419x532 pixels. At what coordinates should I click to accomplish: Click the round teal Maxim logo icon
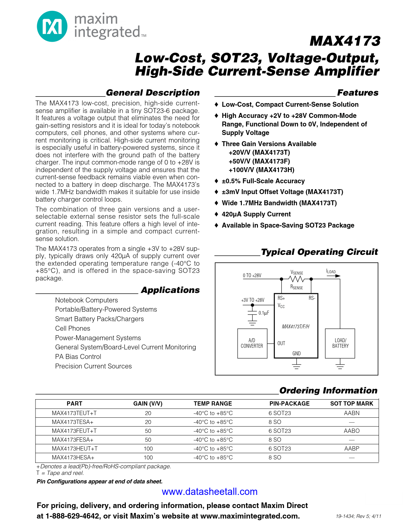(52, 26)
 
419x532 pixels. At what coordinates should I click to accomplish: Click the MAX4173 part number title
(345, 41)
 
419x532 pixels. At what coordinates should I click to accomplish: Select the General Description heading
(152, 93)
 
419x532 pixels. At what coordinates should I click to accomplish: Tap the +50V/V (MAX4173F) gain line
(259, 161)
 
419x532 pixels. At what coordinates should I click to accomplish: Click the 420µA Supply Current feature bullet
(256, 214)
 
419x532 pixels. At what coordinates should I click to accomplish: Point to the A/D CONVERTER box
(252, 343)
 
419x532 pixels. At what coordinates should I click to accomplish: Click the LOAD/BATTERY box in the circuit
(340, 343)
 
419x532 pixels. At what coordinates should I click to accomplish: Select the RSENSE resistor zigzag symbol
(296, 279)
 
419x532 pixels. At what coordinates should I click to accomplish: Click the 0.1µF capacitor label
(264, 313)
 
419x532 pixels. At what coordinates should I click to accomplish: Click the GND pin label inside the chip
(296, 353)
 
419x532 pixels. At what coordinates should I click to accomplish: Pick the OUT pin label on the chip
(281, 343)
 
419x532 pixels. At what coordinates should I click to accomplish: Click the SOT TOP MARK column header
(352, 404)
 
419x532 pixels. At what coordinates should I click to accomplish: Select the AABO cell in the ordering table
(352, 431)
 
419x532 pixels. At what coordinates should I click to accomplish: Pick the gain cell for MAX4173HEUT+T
(148, 449)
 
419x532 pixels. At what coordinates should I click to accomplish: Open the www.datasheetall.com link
(210, 492)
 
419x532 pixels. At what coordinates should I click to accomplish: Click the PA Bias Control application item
(78, 357)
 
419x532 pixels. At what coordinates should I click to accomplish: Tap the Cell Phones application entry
(73, 328)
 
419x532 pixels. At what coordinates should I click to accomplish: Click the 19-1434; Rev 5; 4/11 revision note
(358, 516)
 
